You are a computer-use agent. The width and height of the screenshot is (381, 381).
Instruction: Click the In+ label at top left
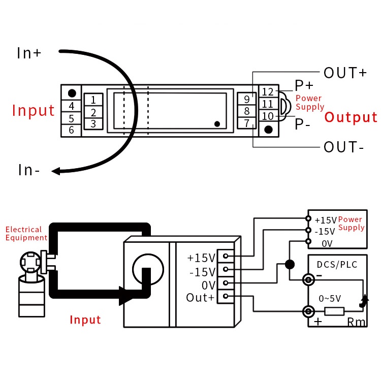(29, 53)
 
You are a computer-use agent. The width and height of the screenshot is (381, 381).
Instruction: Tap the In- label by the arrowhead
(29, 170)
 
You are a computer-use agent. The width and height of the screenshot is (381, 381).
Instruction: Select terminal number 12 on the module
(268, 92)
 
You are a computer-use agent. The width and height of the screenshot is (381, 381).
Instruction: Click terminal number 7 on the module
(246, 123)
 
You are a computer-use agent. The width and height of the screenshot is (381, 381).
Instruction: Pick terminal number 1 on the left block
(93, 100)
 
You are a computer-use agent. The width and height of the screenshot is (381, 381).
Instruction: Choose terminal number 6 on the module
(72, 130)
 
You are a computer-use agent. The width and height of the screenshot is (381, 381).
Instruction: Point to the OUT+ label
(345, 73)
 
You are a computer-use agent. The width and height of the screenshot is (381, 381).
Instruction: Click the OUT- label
(344, 147)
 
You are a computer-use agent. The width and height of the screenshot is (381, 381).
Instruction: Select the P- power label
(303, 123)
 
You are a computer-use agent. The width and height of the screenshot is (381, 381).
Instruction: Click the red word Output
(351, 117)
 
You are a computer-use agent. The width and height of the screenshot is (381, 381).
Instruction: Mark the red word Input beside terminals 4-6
(34, 110)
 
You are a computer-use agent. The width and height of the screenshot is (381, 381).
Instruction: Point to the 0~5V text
(329, 298)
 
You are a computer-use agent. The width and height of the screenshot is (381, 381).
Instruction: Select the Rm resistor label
(356, 322)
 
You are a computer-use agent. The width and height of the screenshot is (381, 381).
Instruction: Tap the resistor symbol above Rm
(334, 311)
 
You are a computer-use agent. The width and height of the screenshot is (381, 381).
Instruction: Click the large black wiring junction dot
(290, 264)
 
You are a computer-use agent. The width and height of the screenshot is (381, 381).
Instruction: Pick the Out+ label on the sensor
(200, 298)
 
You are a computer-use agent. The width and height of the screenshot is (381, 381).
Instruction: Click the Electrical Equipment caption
(26, 234)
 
